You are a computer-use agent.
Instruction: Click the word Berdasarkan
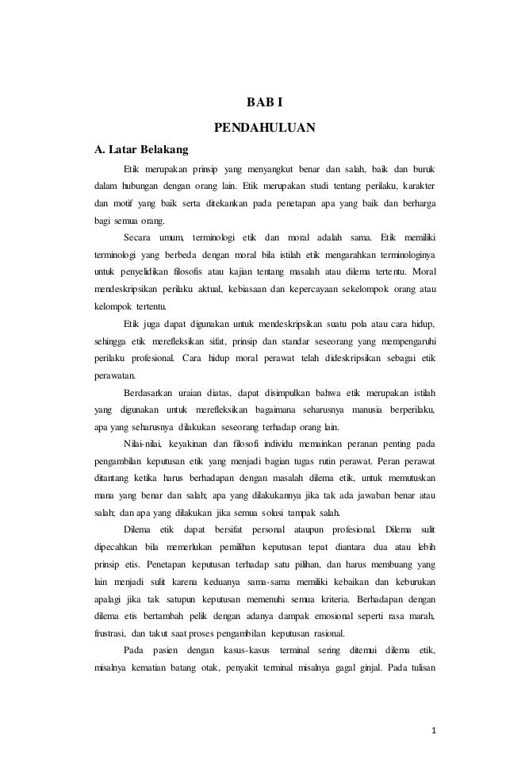point(151,392)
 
